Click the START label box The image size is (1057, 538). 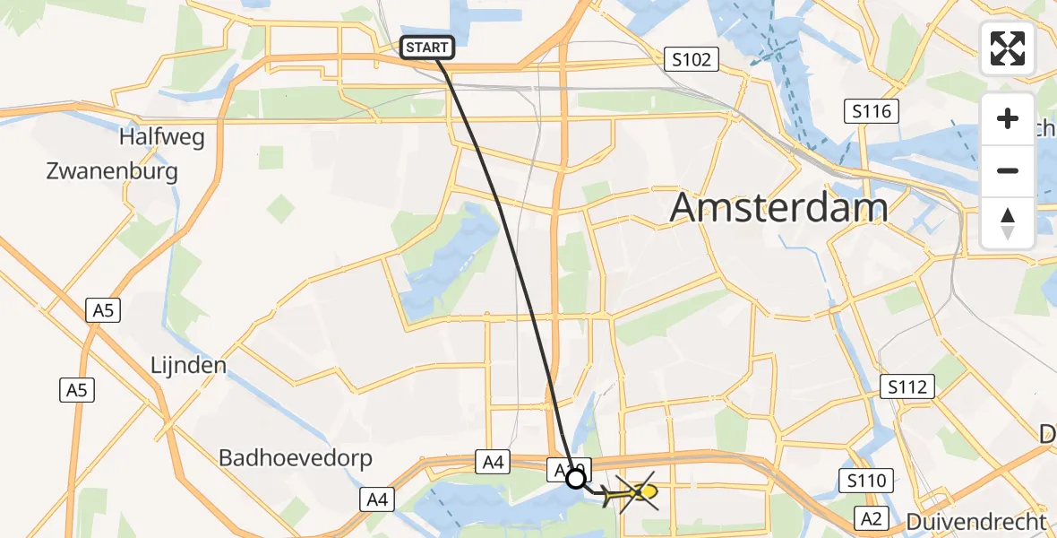pos(427,48)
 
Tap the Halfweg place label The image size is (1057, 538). pos(162,138)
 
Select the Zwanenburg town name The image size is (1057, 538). pos(112,171)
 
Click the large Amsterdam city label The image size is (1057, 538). pos(778,208)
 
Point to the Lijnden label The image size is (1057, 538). pos(188,366)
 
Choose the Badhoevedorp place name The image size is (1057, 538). pos(296,458)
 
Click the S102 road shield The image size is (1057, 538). pos(692,60)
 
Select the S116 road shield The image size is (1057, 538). pos(871,112)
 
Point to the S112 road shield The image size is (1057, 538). pos(907,387)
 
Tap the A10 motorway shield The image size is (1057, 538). pos(568,468)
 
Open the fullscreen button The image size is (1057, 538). pos(1008,48)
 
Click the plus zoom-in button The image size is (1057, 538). pos(1008,118)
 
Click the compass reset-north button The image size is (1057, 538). pos(1008,222)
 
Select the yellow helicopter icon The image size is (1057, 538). pos(637,492)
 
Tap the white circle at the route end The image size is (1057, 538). pos(576,478)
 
